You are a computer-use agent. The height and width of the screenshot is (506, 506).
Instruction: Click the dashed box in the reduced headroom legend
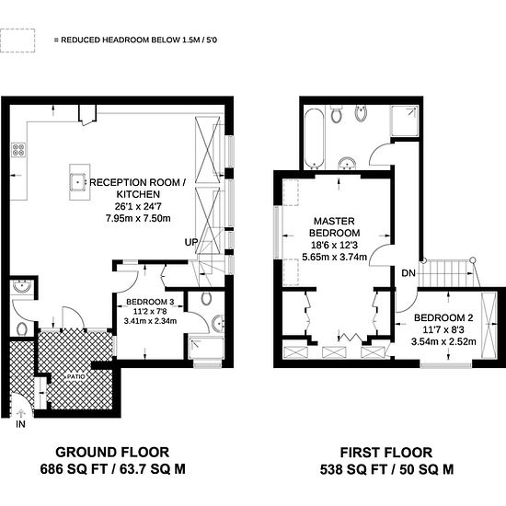17,40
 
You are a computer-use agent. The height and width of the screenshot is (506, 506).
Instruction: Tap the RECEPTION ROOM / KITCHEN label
139,189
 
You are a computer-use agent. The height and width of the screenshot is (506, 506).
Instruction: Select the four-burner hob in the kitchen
17,150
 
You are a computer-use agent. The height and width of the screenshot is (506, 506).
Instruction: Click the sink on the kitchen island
77,181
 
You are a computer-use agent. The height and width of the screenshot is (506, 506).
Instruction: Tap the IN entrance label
19,424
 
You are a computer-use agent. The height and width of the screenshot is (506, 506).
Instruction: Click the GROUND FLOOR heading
113,452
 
